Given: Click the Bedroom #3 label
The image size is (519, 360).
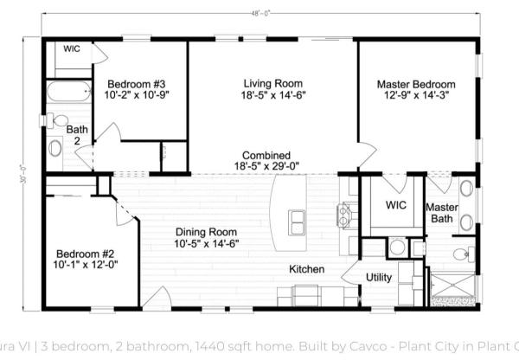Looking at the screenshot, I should click(x=136, y=85).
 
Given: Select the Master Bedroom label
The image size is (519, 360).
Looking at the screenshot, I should click(x=416, y=85).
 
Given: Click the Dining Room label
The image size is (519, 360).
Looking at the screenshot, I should click(x=206, y=232).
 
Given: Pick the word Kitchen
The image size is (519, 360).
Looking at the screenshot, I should click(x=306, y=269).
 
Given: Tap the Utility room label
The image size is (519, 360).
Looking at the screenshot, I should click(x=379, y=277).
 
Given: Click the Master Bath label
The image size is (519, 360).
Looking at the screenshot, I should click(x=441, y=212).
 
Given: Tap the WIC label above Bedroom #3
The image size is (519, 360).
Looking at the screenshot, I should click(x=72, y=49).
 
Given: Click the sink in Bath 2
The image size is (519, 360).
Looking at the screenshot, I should click(x=56, y=148).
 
